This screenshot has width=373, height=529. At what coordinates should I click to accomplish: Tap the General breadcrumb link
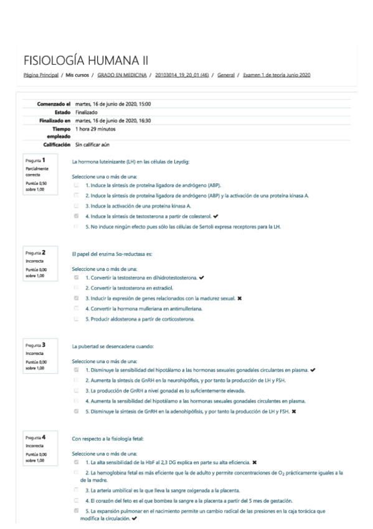(x=226, y=75)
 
